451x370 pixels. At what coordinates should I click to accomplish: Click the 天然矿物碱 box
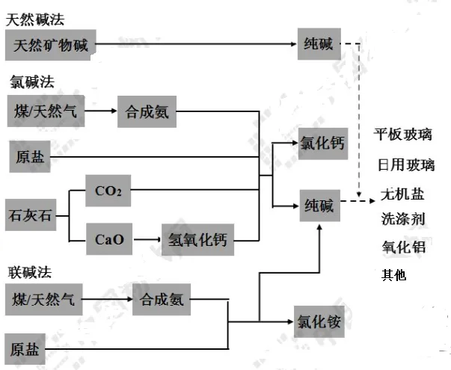pyautogui.click(x=51, y=46)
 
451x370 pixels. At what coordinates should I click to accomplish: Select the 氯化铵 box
pyautogui.click(x=320, y=323)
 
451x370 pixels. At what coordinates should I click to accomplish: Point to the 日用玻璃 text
pyautogui.click(x=405, y=164)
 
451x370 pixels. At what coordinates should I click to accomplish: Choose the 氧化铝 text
pyautogui.click(x=402, y=247)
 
